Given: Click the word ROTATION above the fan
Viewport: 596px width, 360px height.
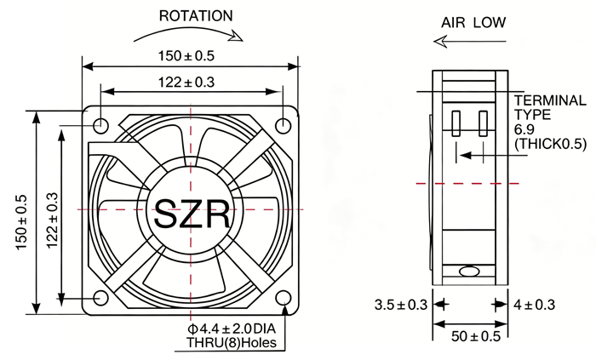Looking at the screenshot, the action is click(196, 16).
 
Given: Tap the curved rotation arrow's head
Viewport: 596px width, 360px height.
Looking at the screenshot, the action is click(237, 36).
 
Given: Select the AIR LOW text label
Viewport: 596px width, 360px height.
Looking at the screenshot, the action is click(473, 23).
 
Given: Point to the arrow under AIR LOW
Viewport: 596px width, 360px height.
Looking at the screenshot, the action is click(470, 42).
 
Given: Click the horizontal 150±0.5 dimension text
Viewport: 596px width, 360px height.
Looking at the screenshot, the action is click(186, 56).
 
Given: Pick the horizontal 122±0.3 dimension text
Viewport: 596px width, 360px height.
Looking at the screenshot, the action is click(186, 82).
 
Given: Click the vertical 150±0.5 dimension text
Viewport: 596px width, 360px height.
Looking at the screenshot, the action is click(21, 222).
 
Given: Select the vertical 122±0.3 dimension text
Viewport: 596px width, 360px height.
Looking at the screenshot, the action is click(53, 220).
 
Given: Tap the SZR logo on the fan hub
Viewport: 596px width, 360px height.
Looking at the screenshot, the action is click(192, 214).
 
